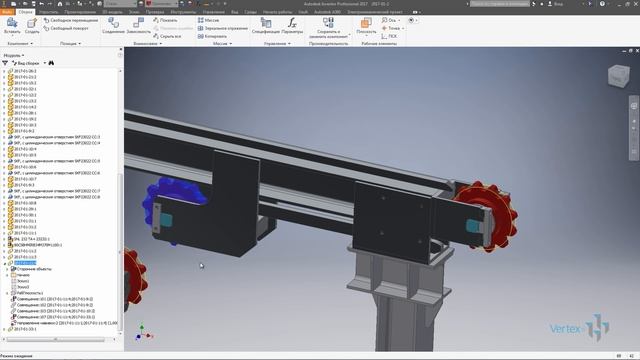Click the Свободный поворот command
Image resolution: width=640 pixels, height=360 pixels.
point(72,28)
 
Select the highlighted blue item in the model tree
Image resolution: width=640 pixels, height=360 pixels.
point(25,263)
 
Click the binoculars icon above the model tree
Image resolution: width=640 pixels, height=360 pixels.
point(52,62)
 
